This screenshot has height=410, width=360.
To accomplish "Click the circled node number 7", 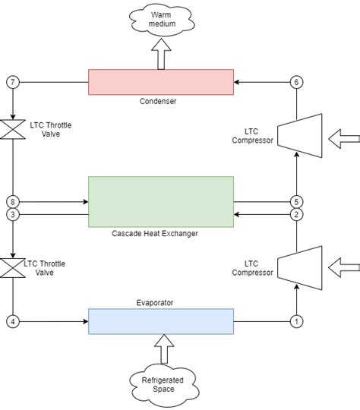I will coord(12,81).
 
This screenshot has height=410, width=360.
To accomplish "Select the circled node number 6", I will coord(297,81).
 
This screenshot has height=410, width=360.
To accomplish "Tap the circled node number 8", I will coord(12,202).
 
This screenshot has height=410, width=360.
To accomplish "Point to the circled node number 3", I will coord(12,215).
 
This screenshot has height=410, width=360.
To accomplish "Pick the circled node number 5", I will coord(297,202).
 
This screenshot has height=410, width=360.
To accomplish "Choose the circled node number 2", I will coord(297,215).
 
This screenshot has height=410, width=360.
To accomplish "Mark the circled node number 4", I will coord(12,321).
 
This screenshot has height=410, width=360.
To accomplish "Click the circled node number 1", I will coord(297,321).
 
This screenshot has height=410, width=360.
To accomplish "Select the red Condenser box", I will coord(160,82).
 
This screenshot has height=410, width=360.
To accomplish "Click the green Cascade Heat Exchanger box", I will coord(160,201).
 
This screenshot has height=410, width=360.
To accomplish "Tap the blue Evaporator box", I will coord(160,321).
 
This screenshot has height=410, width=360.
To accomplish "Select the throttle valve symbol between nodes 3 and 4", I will coord(12,267).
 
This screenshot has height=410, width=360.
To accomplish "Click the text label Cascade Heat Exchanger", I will coord(160,234).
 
